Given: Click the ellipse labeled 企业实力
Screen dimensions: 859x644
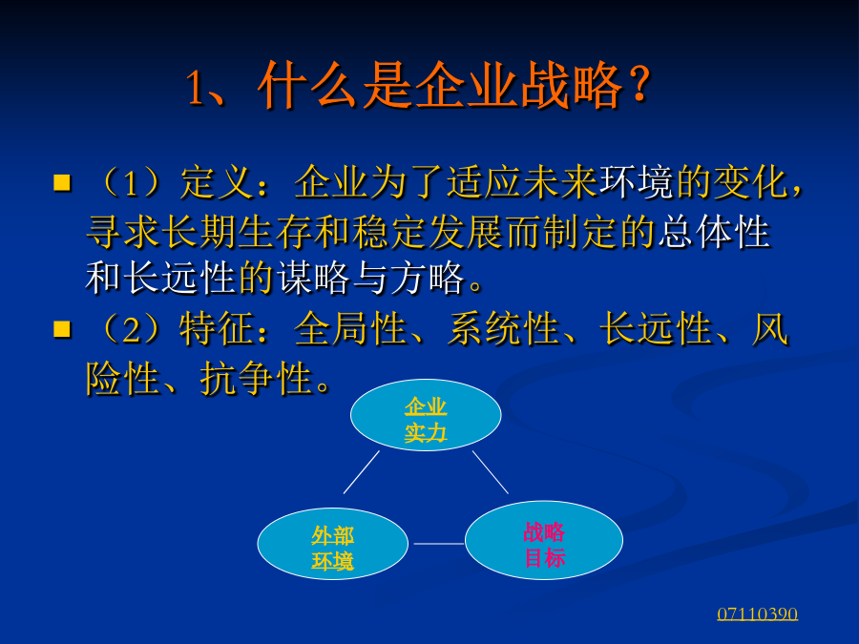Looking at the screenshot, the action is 426,415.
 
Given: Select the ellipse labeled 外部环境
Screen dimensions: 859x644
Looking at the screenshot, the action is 332,543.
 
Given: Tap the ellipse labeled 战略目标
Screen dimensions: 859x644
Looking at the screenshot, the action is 543,540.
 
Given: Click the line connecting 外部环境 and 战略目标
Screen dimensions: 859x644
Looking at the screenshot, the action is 438,544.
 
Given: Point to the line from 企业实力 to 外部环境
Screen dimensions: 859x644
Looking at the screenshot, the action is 362,472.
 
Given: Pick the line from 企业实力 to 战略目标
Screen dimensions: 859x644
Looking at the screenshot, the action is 491,472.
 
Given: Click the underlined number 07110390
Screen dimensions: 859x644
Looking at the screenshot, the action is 757,613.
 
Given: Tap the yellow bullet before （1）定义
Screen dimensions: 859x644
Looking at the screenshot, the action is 62,182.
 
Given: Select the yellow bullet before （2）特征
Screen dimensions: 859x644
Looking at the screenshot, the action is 62,329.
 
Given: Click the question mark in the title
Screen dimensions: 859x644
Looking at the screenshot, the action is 639,85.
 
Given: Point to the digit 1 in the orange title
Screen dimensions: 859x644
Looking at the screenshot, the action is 195,88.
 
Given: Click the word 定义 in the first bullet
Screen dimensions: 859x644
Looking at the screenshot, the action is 217,182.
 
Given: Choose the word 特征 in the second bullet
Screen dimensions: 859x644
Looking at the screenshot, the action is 217,329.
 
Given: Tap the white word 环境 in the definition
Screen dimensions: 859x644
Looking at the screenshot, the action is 636,182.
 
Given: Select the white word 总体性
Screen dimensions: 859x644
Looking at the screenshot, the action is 714,232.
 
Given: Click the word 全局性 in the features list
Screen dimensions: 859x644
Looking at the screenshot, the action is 350,329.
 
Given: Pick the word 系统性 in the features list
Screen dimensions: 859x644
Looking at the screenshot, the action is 504,329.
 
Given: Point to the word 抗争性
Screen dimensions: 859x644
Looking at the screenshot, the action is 257,379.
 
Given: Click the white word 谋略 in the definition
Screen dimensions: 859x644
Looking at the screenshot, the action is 313,279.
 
